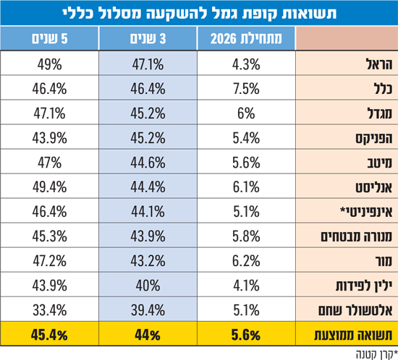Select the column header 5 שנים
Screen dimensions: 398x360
(49, 39)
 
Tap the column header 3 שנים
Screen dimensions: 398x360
(148, 39)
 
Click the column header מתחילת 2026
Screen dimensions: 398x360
(246, 39)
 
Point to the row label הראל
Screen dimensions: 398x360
(380, 64)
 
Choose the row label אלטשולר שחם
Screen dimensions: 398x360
(355, 310)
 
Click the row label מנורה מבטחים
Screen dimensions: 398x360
(357, 236)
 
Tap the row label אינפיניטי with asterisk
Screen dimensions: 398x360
(367, 212)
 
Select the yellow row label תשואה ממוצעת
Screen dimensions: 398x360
(354, 335)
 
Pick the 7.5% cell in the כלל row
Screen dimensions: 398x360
(246, 89)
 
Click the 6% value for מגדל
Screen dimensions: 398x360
(246, 113)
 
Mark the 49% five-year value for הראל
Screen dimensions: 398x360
(49, 64)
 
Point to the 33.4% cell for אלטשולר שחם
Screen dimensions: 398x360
(49, 310)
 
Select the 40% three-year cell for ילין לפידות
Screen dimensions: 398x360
(148, 286)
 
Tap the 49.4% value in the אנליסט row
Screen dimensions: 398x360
(49, 187)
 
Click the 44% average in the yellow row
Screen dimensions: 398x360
(148, 335)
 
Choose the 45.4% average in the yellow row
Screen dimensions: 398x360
(49, 335)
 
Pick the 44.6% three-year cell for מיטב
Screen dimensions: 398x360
(148, 163)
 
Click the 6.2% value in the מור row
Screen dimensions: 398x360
(246, 261)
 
